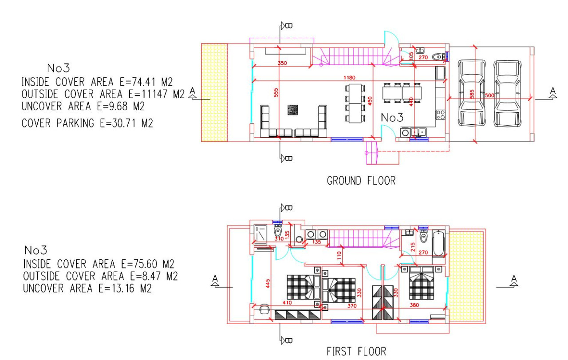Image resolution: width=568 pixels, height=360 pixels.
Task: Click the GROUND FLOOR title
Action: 361,181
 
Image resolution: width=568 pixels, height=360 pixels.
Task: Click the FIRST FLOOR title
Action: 356,351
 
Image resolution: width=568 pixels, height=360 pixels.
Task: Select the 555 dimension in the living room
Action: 276,92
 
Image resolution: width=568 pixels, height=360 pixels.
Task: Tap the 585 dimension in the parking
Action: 472,94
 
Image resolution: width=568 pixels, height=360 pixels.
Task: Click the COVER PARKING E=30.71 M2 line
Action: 87,123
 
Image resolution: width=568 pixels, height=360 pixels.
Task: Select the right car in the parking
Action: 507,93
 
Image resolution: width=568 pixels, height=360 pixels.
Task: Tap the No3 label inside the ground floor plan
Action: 392,118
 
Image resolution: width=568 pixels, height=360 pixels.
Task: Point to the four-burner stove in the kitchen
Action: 440,115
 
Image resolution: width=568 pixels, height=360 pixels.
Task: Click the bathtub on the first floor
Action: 438,243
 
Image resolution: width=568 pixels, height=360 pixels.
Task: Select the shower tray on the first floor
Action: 260,234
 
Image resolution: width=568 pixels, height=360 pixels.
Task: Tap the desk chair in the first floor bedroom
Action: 264,307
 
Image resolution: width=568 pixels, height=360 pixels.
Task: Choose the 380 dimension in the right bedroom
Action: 414,305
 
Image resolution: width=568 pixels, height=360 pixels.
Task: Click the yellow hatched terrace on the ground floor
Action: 214,92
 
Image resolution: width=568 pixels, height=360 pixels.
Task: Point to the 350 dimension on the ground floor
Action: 282,63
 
